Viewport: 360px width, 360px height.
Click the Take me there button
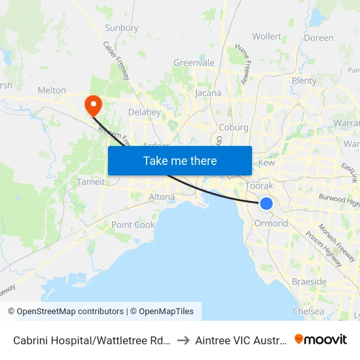[180, 160]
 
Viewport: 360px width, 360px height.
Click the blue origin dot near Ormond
[266, 204]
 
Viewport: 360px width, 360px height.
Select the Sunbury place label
[122, 28]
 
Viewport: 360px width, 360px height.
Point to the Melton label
[52, 90]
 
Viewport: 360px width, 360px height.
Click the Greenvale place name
[194, 63]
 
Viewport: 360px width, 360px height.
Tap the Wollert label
[266, 37]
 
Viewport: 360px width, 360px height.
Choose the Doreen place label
[319, 38]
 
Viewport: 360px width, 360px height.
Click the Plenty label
[304, 81]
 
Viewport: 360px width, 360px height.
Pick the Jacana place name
[208, 93]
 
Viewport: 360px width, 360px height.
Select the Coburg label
[234, 128]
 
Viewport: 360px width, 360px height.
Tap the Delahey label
[145, 112]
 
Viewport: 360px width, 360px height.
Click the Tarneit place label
[91, 182]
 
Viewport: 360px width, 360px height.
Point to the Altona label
[162, 196]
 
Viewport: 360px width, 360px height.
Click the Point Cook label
[134, 225]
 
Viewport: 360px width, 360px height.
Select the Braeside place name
[310, 281]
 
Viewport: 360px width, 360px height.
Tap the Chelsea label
[308, 312]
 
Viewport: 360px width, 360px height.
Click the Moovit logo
[321, 340]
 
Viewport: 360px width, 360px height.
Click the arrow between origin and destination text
[183, 340]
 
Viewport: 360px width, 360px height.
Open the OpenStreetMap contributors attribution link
[70, 312]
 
